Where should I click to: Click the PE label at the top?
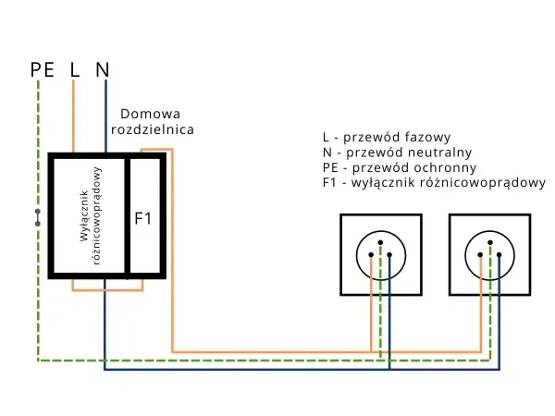43,69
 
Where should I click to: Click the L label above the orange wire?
74,69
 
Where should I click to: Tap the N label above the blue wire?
103,69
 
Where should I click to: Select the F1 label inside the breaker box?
143,218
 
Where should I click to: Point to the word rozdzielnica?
153,129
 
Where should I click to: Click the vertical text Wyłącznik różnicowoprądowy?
91,215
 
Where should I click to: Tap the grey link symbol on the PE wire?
38,217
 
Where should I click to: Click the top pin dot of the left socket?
380,242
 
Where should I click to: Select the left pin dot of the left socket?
371,255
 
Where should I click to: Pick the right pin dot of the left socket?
389,255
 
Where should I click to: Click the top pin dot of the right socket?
490,242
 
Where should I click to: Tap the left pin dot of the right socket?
480,255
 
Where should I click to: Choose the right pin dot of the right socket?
499,255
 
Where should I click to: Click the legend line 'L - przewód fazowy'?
387,137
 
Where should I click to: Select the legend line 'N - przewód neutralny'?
398,153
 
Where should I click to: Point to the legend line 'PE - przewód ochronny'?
400,167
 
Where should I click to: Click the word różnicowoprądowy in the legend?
483,183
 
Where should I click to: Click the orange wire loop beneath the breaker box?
107,290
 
